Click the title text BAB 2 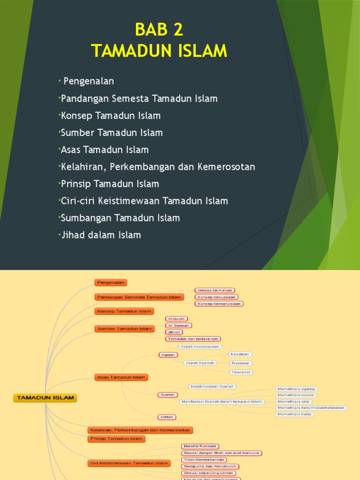coord(158,30)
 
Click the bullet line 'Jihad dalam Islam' coord(101,235)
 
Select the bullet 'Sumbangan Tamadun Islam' coord(120,218)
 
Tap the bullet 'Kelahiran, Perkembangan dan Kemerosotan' coord(158,167)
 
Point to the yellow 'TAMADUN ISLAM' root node coord(45,397)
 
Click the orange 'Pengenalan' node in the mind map coord(111,282)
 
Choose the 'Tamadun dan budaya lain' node coord(193,338)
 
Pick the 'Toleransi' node coord(241,372)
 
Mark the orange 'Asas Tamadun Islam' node coord(121,377)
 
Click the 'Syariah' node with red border coord(168,395)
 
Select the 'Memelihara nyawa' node coord(295,395)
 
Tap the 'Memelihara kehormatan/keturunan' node coord(311,408)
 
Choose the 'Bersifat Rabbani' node coord(200,446)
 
